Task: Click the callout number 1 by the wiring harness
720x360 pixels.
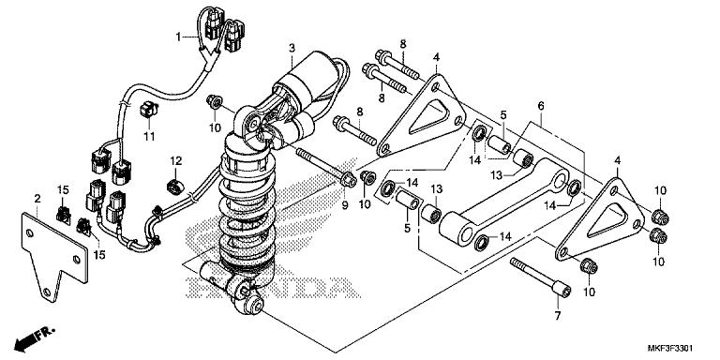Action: [x=176, y=37]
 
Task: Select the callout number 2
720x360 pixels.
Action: [x=37, y=199]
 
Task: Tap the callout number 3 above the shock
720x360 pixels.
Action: [x=292, y=48]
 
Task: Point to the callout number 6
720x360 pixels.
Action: [x=540, y=108]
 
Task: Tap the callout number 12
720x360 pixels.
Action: [x=174, y=160]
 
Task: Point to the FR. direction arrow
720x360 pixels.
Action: [x=33, y=334]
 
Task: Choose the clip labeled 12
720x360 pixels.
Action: [x=174, y=181]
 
